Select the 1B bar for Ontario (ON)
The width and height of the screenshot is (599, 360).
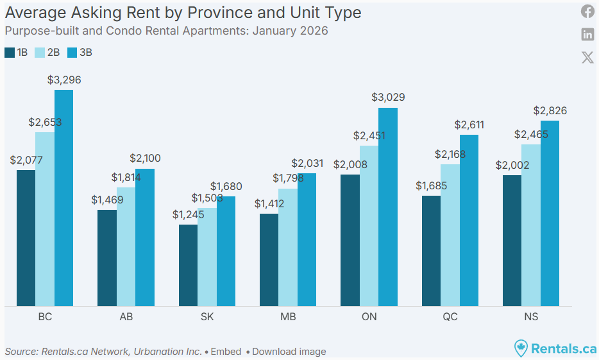[350, 240]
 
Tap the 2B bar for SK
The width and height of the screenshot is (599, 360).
[207, 257]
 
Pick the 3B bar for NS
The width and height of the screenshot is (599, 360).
[550, 213]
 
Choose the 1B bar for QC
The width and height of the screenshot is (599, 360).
[431, 251]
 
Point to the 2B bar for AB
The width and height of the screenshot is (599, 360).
[126, 246]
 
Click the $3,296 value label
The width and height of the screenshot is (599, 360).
[64, 80]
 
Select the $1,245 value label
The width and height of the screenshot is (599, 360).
[189, 215]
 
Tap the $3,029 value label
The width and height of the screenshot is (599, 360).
[389, 98]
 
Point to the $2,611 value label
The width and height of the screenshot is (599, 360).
[469, 124]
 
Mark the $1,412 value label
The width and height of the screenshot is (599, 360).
[269, 204]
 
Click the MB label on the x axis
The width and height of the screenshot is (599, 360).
[288, 317]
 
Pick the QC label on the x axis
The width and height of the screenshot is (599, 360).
[450, 317]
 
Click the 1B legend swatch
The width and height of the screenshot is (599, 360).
[10, 53]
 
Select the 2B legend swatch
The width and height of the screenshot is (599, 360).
[39, 53]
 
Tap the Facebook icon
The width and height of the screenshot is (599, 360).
[587, 11]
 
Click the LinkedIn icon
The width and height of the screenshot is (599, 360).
[587, 34]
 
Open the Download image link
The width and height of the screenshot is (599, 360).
[289, 352]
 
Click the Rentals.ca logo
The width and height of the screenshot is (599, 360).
[555, 348]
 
